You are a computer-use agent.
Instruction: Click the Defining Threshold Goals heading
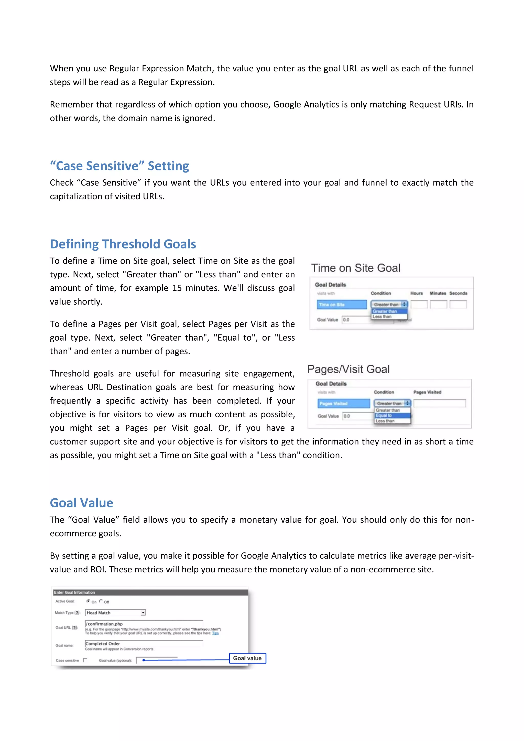pyautogui.click(x=123, y=244)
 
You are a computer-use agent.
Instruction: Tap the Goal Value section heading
pyautogui.click(x=81, y=503)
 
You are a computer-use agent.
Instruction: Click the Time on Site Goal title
pyautogui.click(x=356, y=268)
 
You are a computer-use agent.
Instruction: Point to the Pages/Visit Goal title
pyautogui.click(x=348, y=369)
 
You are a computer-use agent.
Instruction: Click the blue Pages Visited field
pyautogui.click(x=344, y=404)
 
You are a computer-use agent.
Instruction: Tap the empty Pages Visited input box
pyautogui.click(x=440, y=404)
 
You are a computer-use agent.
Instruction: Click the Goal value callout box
pyautogui.click(x=247, y=658)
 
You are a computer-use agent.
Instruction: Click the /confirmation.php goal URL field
pyautogui.click(x=144, y=624)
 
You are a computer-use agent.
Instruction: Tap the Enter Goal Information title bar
pyautogui.click(x=150, y=592)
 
